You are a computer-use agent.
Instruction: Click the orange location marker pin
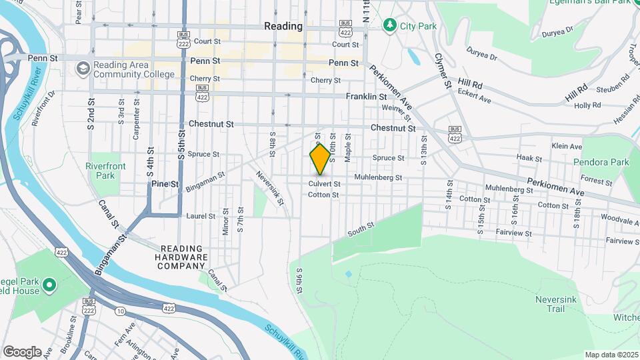tap(320, 159)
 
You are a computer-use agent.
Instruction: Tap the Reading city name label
tap(283, 27)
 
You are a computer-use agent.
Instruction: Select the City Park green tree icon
tap(389, 25)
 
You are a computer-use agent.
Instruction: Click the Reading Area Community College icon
tap(83, 69)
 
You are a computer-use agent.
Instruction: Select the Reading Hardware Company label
tap(182, 257)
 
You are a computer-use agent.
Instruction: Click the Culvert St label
tap(324, 184)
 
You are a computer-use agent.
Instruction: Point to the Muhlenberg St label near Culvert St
tap(378, 178)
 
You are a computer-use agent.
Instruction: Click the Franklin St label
tap(366, 97)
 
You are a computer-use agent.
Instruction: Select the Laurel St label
tap(201, 216)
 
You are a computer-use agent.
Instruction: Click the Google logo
tap(22, 352)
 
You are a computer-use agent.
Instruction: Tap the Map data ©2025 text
tap(611, 355)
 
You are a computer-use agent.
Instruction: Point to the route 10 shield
tap(120, 311)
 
